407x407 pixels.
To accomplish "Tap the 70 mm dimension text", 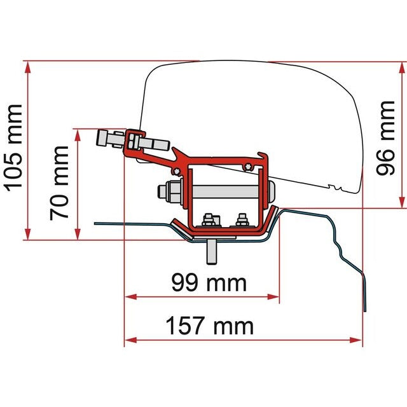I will point(60,183).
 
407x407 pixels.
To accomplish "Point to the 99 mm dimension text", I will point(209,282).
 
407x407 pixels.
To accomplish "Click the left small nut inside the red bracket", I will point(207,221).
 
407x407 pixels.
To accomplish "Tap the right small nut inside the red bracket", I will point(241,221).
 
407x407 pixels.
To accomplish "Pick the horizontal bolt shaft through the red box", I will point(226,191).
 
